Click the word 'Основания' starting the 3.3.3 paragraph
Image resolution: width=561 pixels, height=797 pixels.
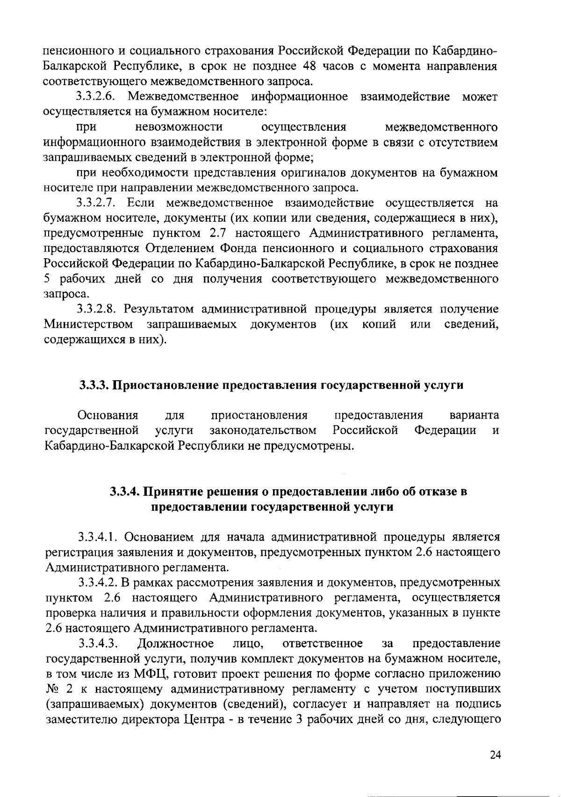pyautogui.click(x=108, y=415)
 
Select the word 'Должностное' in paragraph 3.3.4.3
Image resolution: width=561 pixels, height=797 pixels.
pyautogui.click(x=176, y=643)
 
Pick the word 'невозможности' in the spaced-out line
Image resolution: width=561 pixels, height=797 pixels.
pyautogui.click(x=179, y=127)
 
